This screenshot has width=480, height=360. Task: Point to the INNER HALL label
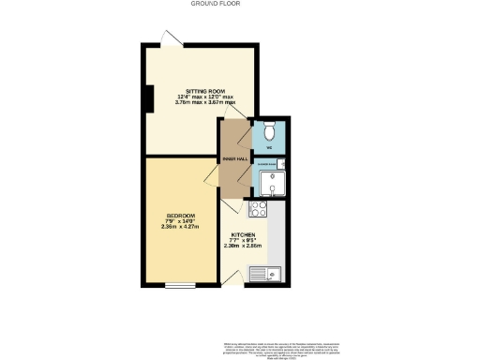coord(235,159)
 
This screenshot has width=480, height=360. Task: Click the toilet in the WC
coord(268,129)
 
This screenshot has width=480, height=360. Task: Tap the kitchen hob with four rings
coord(259,210)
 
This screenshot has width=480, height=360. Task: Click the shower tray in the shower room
coord(268,182)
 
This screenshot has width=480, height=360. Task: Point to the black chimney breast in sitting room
coord(148,97)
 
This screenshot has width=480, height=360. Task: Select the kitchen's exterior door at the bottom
coord(230,277)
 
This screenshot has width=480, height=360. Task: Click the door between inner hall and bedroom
coord(226,177)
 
